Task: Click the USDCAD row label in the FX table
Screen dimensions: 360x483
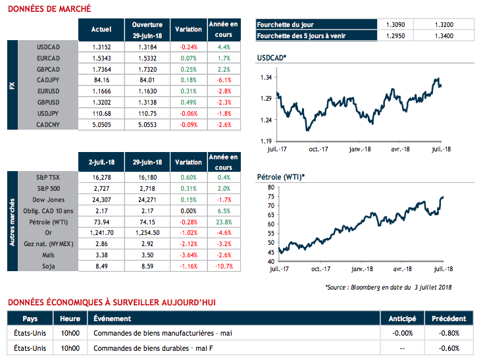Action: point(49,47)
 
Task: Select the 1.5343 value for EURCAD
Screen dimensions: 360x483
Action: point(101,59)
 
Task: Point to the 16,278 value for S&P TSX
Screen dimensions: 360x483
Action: point(101,178)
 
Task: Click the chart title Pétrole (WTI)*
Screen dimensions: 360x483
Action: point(280,176)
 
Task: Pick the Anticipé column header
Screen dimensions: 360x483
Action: point(402,318)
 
